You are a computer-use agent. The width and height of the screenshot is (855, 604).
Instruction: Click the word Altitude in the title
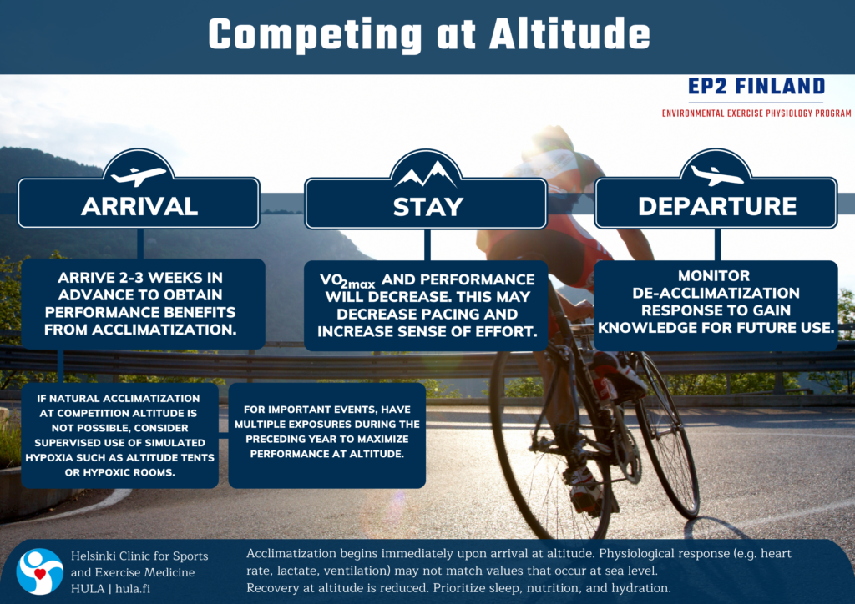coord(569,33)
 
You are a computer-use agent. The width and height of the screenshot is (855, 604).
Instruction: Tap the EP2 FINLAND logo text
coord(756,86)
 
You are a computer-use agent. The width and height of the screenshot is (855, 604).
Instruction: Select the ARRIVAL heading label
coord(139,206)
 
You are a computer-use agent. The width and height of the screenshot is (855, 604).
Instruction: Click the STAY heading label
coord(428,207)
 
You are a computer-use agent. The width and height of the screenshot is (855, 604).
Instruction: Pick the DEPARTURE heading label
coord(717,206)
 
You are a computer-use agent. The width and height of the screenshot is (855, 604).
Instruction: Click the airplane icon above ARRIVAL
coord(139,175)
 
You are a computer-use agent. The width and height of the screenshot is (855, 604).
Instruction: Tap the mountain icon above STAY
coord(426,174)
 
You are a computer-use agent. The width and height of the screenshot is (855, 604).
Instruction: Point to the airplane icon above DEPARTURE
coord(716,175)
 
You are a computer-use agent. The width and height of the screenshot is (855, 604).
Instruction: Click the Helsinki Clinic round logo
coord(40,571)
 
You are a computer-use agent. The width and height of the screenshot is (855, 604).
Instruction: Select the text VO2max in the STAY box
coord(347,280)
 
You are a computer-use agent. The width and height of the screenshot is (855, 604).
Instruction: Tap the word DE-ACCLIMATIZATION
coord(716,293)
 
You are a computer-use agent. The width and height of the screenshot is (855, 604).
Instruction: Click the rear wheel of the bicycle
coord(667,435)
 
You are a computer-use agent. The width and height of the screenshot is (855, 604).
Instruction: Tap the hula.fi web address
coord(133,589)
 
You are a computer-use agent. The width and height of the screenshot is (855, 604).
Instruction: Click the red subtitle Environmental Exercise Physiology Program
coord(756,113)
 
